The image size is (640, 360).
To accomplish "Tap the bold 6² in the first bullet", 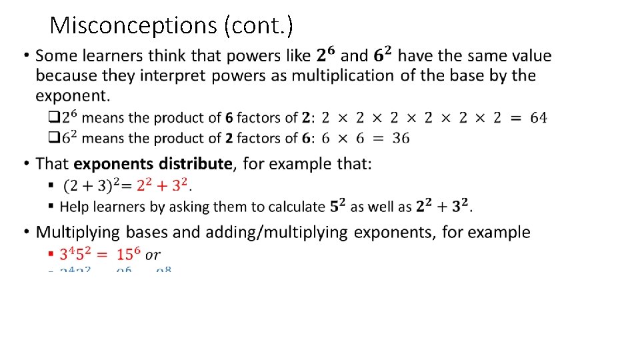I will pyautogui.click(x=383, y=55).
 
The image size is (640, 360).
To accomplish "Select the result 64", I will pyautogui.click(x=539, y=118).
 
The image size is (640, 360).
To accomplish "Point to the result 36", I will pyautogui.click(x=401, y=139).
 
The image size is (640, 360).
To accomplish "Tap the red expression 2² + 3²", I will pyautogui.click(x=162, y=184).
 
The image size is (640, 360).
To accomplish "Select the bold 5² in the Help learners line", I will pyautogui.click(x=338, y=206).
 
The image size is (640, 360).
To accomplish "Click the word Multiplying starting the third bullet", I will pyautogui.click(x=78, y=233).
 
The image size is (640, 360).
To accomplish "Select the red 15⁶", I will pyautogui.click(x=127, y=254).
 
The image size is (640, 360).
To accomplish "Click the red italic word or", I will pyautogui.click(x=153, y=255).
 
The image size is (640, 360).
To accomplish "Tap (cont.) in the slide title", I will pyautogui.click(x=259, y=25).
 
